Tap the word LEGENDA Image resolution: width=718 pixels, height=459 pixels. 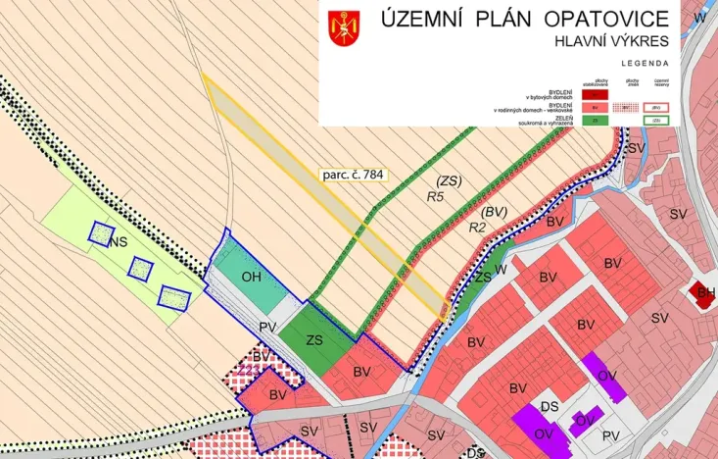point(645,62)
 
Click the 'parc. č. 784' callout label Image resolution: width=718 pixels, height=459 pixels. point(353,176)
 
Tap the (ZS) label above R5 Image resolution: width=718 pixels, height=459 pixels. point(449,180)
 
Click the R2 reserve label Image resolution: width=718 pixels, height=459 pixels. point(478,227)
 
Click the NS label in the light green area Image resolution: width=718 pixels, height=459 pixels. point(120,242)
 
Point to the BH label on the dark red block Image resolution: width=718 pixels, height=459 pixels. point(705,291)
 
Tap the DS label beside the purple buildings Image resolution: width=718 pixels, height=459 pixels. point(550,406)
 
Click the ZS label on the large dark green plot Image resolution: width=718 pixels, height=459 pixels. point(314,339)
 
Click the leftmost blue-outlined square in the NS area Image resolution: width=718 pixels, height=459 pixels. point(100,232)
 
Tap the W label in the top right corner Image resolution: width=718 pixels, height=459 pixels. point(699,18)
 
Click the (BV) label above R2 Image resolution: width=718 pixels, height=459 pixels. point(495,212)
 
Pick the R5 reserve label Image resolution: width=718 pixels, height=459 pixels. point(436,196)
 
